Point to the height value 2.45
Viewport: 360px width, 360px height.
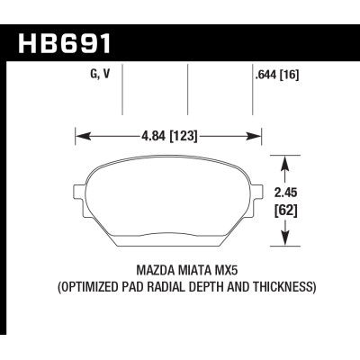pos(284,192)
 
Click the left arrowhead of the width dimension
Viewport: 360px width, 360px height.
pos(78,137)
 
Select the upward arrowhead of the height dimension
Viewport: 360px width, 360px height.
pos(284,163)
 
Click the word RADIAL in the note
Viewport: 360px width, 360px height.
pos(172,288)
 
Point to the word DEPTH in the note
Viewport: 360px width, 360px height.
pos(212,288)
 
